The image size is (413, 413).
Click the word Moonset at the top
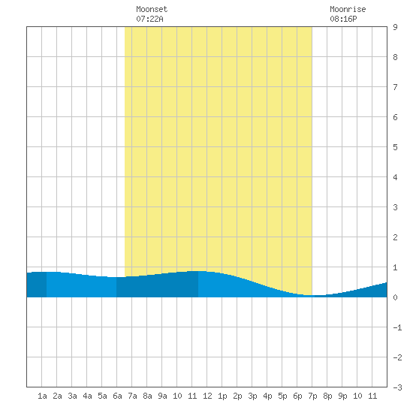point(152,9)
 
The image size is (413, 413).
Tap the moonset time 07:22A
point(149,19)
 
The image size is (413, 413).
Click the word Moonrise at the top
point(348,9)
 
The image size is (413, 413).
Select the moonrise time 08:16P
point(343,19)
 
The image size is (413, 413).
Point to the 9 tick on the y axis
point(395,27)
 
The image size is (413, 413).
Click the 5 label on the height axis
point(395,147)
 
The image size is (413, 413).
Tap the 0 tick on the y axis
point(395,297)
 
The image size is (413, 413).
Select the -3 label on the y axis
point(397,387)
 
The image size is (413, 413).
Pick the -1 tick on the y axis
point(397,327)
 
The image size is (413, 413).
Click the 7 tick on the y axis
point(395,87)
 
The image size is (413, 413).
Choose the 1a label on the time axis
point(42,396)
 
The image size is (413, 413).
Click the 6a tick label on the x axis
point(117,396)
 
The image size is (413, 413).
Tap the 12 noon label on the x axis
point(207,396)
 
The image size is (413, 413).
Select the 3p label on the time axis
point(252,396)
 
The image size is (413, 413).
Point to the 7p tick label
point(312,396)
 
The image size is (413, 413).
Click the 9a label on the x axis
point(162,396)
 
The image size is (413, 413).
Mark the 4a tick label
point(87,396)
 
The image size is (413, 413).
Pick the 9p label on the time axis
point(342,396)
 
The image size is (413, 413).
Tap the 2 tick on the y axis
point(395,237)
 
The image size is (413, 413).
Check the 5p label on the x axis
point(282,396)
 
